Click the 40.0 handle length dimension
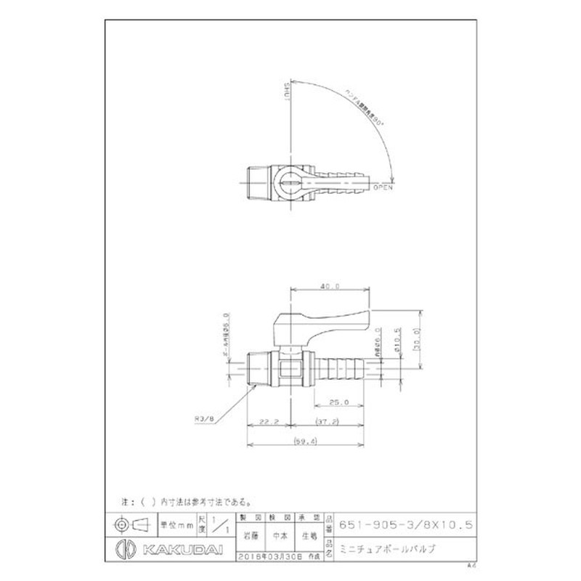(x=332, y=286)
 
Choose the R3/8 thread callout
(x=204, y=418)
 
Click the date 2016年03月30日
(x=269, y=556)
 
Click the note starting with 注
(x=186, y=501)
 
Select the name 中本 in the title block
(x=279, y=537)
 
